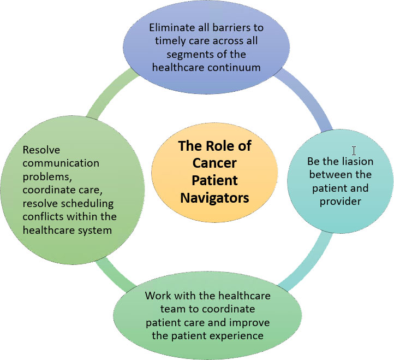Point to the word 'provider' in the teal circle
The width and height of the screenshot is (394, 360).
[340, 201]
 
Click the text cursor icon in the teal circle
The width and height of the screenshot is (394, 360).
[354, 151]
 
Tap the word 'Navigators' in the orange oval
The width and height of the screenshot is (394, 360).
[214, 197]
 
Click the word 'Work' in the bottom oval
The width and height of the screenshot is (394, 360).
[157, 296]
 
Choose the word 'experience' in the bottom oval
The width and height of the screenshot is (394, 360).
[238, 335]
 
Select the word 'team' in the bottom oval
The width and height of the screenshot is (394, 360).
[159, 309]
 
